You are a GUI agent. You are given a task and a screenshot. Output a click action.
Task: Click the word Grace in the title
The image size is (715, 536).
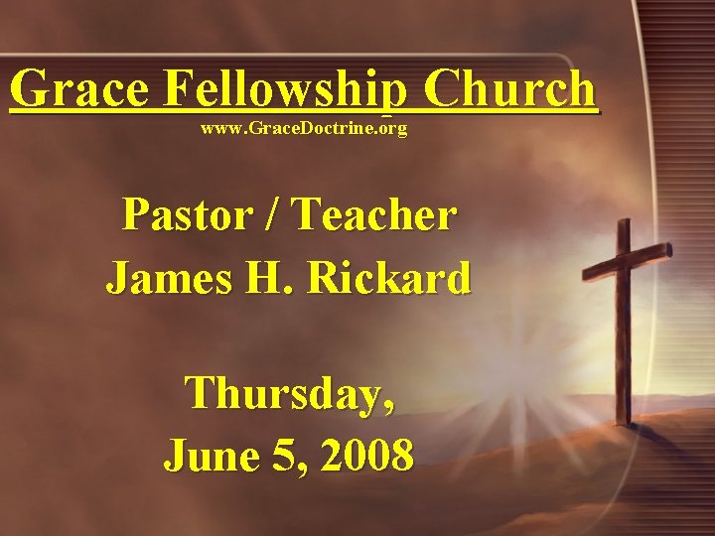(x=78, y=89)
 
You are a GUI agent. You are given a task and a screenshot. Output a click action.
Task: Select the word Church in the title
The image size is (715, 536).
(x=511, y=89)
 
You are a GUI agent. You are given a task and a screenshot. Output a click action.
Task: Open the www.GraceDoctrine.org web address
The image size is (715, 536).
(x=304, y=129)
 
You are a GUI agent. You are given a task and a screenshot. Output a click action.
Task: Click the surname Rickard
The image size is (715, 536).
(x=389, y=278)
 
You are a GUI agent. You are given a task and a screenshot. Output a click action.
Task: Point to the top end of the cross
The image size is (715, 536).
(x=623, y=224)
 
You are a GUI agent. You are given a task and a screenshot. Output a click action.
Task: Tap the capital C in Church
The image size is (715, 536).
(x=444, y=89)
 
